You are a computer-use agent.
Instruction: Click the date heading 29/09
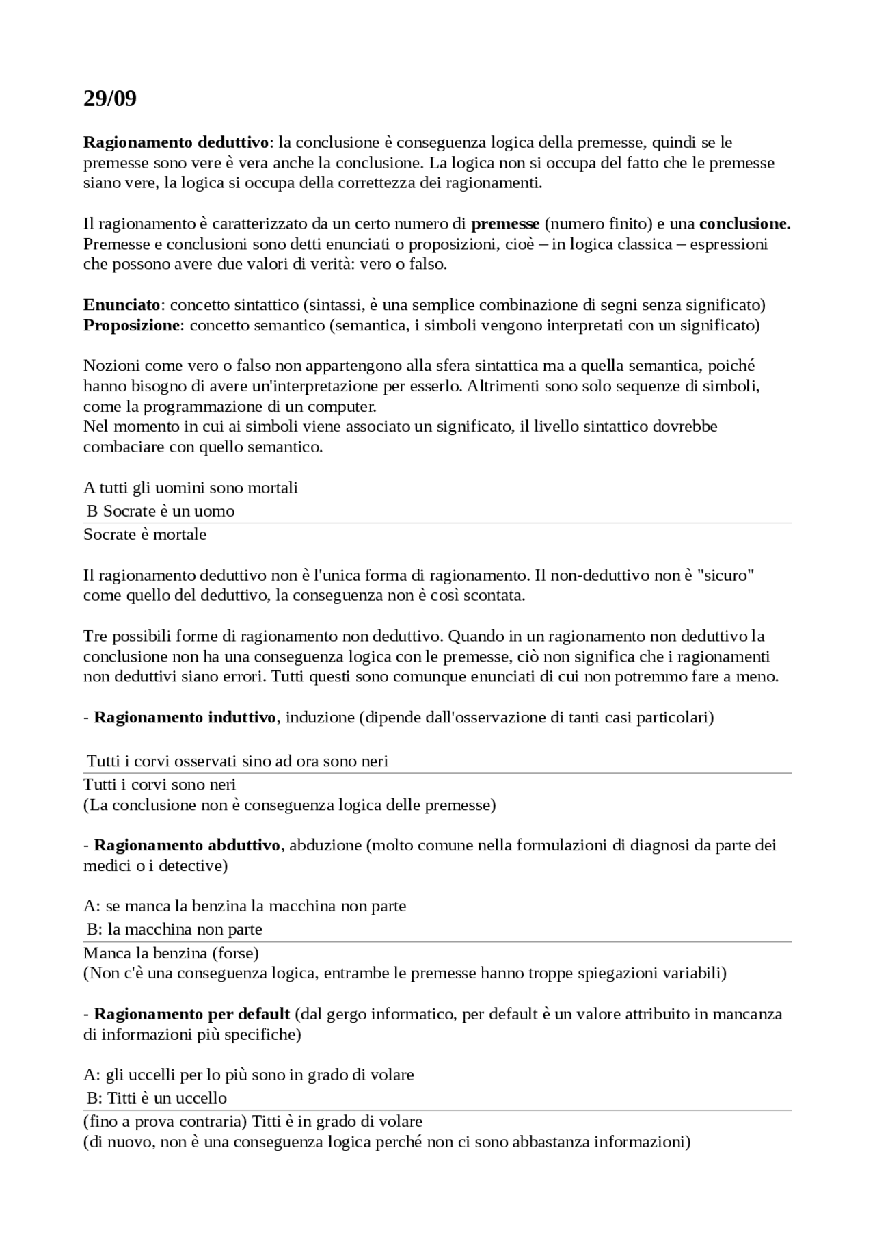click(110, 99)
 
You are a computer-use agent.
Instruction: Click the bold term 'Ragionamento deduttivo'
click(176, 142)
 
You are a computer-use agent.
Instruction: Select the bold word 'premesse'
click(505, 224)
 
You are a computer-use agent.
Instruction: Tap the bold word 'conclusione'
click(742, 224)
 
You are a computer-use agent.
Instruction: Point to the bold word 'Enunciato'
click(121, 304)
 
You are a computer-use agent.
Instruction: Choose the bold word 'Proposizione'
click(131, 325)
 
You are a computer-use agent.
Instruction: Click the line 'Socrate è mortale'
click(145, 534)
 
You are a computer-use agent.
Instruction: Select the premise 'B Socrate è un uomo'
click(161, 511)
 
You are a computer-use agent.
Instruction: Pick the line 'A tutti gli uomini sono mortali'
click(191, 488)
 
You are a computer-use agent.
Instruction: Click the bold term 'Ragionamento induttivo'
click(185, 717)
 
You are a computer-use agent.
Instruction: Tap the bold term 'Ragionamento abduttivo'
click(187, 845)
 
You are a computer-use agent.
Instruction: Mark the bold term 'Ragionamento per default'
click(192, 1013)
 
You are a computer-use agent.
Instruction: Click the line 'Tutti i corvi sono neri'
click(159, 784)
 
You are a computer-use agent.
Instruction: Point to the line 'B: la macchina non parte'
click(174, 929)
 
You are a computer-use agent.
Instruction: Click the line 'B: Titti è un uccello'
click(157, 1097)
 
